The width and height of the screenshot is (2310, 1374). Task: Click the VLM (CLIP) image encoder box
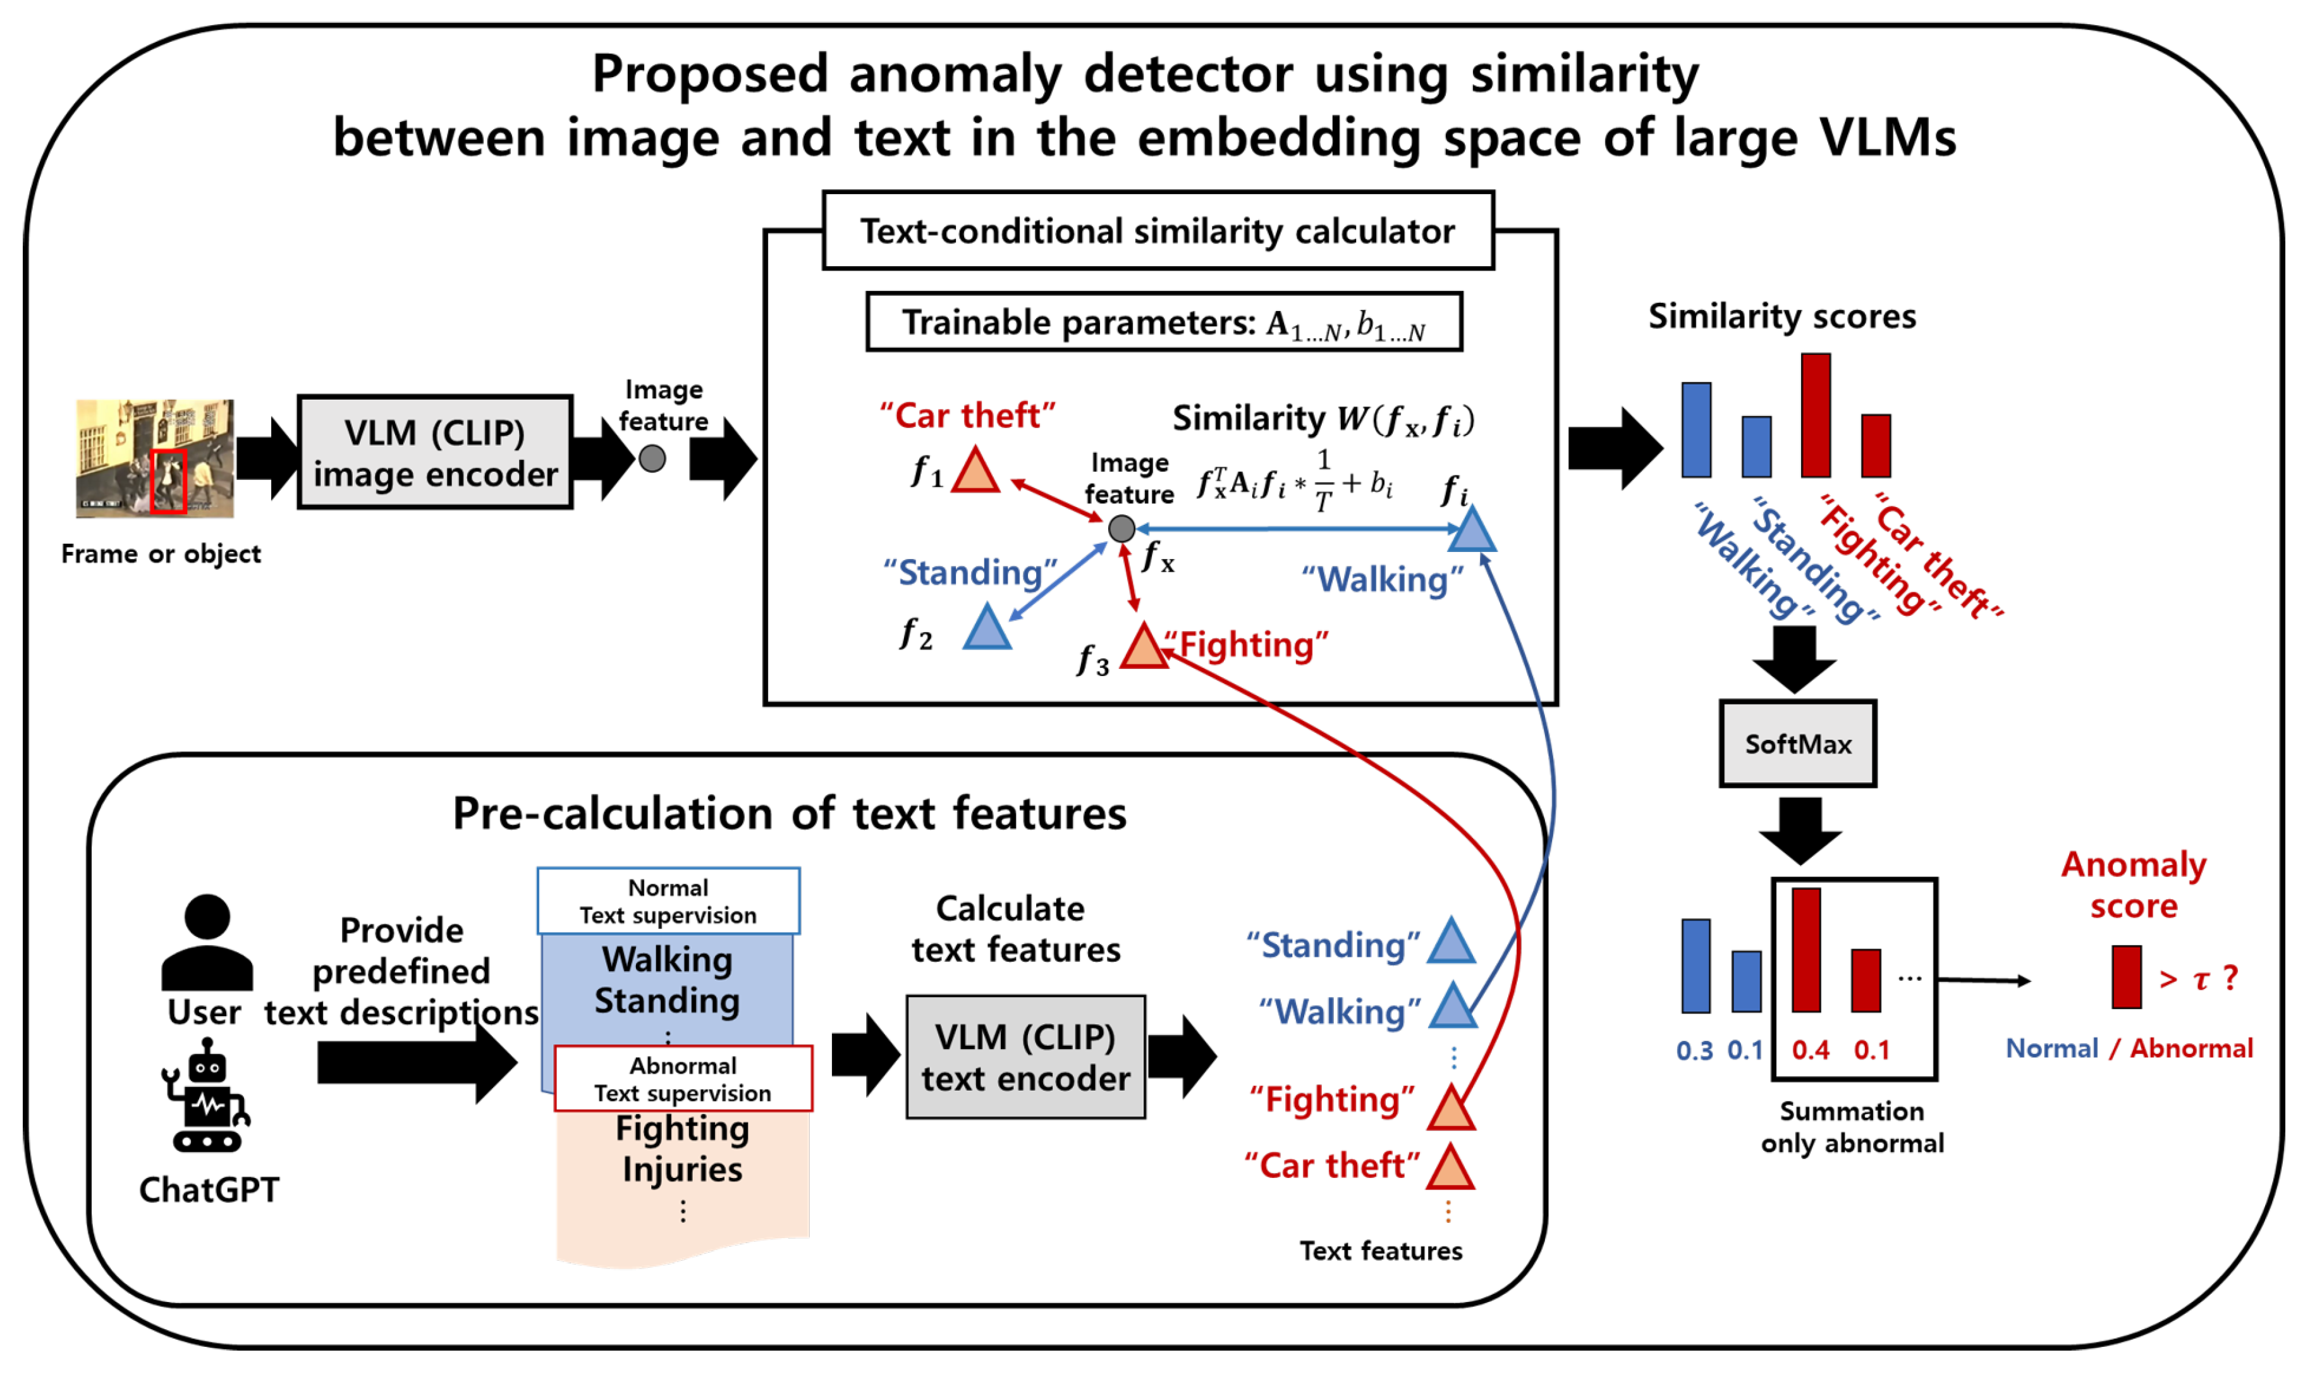[435, 452]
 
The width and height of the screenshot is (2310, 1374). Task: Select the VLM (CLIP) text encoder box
[1025, 1057]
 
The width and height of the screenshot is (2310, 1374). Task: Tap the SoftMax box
[1797, 744]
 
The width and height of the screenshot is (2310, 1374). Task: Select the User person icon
[206, 943]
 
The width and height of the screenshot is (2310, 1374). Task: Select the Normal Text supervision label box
[668, 901]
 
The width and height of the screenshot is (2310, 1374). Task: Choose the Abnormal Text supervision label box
[683, 1079]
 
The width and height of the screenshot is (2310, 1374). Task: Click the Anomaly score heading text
[2133, 885]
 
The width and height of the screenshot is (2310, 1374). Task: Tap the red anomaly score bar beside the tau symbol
[2126, 977]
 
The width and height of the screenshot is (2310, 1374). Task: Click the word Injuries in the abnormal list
[682, 1169]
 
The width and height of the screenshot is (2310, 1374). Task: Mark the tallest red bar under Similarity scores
[1815, 415]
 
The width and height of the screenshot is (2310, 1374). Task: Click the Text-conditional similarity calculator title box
[1158, 231]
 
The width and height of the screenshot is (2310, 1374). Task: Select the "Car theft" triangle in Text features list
[1450, 1167]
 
